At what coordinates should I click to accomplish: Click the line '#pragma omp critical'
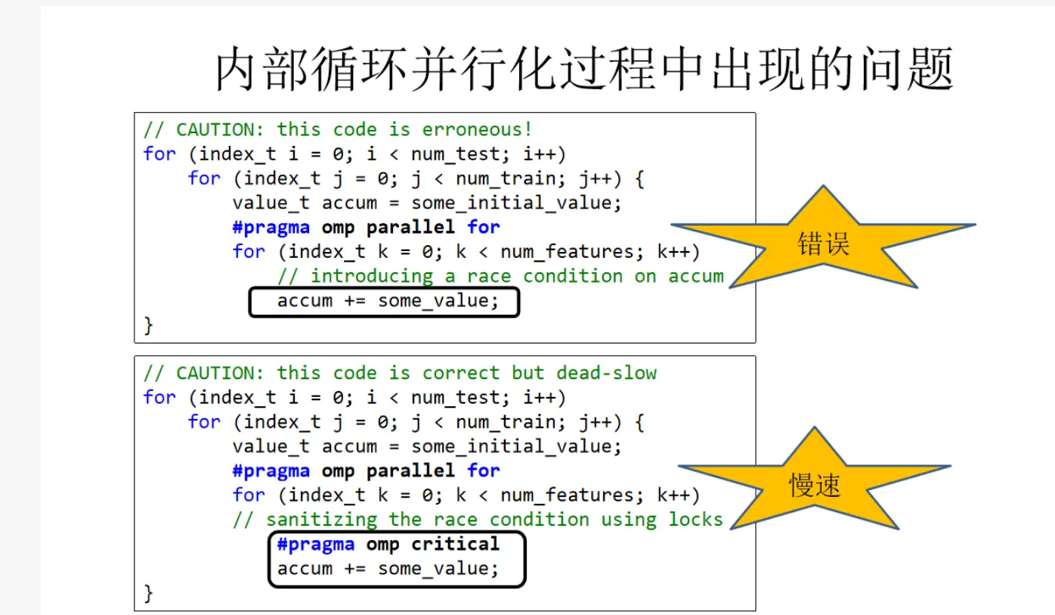coord(388,545)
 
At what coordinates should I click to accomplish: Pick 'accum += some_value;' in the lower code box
coord(388,569)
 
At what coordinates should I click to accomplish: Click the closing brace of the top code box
coord(149,326)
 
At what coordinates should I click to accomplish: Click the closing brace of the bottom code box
coord(149,594)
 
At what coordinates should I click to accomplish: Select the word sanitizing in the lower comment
coord(321,520)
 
